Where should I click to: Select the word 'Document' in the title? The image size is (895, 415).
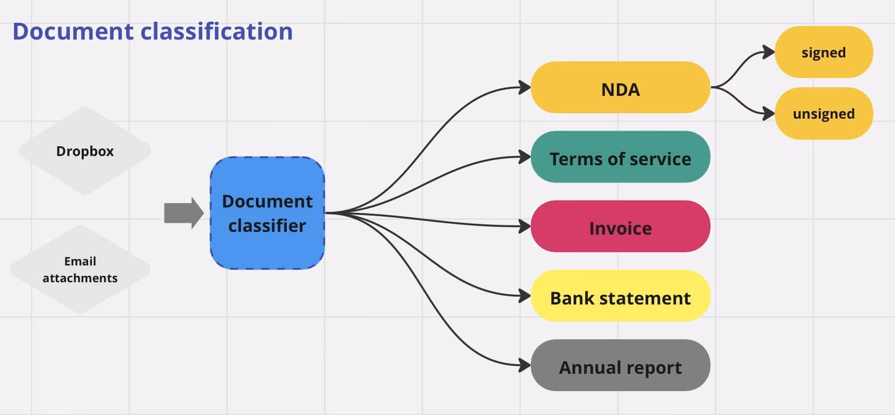pyautogui.click(x=73, y=31)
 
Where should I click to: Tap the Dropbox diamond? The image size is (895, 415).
pyautogui.click(x=85, y=151)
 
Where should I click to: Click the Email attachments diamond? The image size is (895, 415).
pyautogui.click(x=80, y=269)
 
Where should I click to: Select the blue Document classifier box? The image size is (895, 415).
pyautogui.click(x=267, y=213)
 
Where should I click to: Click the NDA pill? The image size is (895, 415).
pyautogui.click(x=620, y=87)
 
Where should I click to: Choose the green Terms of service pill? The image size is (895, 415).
pyautogui.click(x=620, y=157)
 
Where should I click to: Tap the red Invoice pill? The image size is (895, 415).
pyautogui.click(x=620, y=226)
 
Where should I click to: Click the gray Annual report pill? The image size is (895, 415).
pyautogui.click(x=620, y=366)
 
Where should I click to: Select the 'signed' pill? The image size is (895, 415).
pyautogui.click(x=824, y=52)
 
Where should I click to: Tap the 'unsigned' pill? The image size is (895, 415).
pyautogui.click(x=824, y=113)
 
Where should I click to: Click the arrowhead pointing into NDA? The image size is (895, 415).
pyautogui.click(x=524, y=87)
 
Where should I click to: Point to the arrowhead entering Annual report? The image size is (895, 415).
pyautogui.click(x=524, y=366)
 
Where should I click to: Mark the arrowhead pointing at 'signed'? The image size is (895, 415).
pyautogui.click(x=769, y=52)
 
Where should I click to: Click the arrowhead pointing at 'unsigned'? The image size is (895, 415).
pyautogui.click(x=769, y=113)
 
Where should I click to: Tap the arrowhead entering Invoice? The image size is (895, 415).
pyautogui.click(x=524, y=226)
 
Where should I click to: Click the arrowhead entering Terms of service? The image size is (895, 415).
pyautogui.click(x=524, y=157)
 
